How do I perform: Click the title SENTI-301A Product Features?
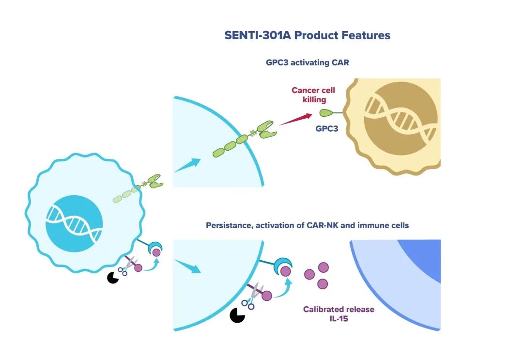click(307, 35)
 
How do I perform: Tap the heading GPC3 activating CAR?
click(307, 63)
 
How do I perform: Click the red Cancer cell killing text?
click(313, 95)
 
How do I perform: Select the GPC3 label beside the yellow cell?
click(327, 129)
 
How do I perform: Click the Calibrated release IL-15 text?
click(338, 313)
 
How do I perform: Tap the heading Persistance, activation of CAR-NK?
click(307, 225)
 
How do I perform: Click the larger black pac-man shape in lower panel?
click(237, 315)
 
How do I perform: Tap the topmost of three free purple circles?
click(323, 267)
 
